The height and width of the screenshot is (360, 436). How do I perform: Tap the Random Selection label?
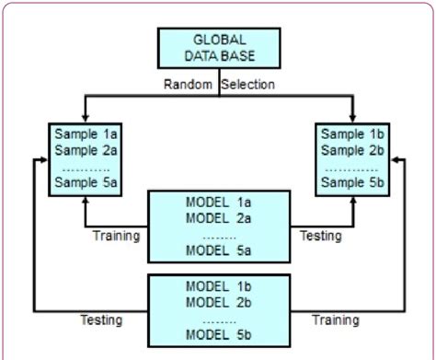(219, 84)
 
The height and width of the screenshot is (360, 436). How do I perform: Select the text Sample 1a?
(80, 134)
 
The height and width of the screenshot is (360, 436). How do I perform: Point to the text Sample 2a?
(80, 150)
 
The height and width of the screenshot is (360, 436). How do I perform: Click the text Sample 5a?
(80, 183)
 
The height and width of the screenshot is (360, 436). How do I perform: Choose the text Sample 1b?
(356, 134)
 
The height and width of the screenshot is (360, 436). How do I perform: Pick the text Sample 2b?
(356, 150)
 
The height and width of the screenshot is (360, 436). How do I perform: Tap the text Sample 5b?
(356, 183)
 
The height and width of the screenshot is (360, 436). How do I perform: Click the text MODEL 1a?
(219, 202)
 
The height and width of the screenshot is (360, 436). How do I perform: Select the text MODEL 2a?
(219, 217)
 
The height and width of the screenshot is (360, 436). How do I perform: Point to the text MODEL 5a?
(219, 249)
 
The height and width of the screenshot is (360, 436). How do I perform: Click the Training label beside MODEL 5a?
(116, 236)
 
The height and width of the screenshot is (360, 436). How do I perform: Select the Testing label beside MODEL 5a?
(321, 236)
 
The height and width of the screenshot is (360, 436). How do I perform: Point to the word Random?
(191, 84)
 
